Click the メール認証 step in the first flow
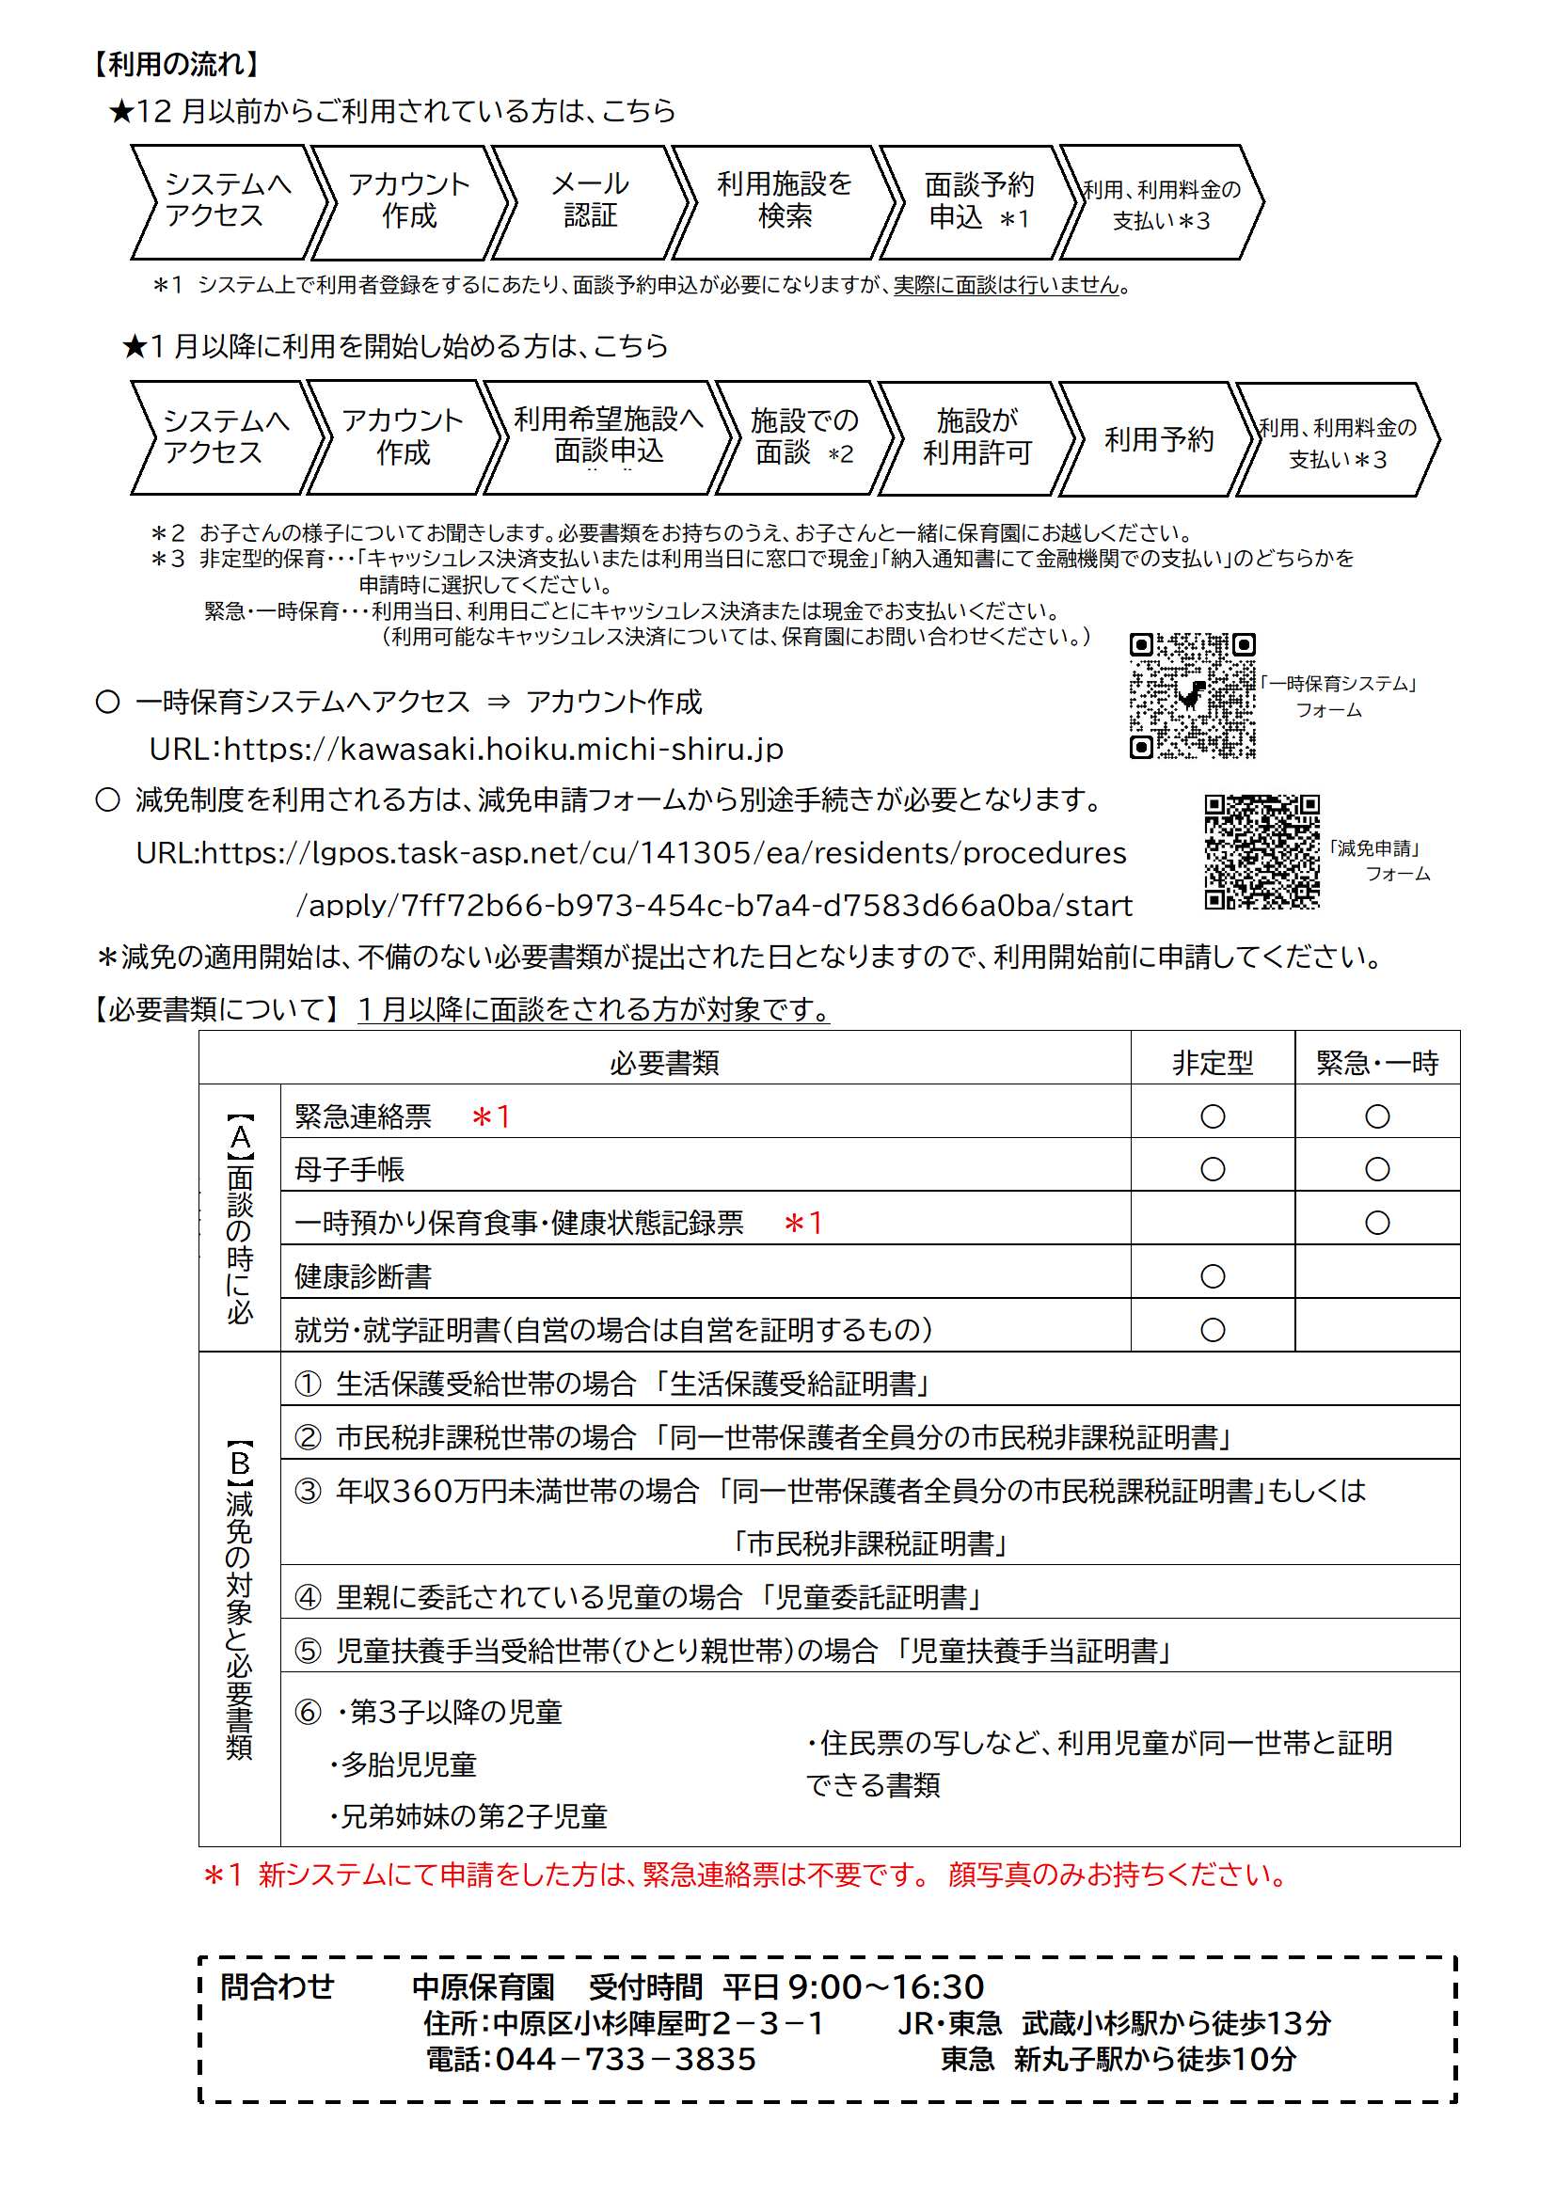pos(589,201)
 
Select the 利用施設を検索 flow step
pos(784,201)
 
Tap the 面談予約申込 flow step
pos(977,201)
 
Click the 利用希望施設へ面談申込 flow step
pos(609,436)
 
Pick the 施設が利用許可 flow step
pos(976,436)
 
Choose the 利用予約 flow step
pos(1158,438)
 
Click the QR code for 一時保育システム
pos(1192,695)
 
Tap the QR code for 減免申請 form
pos(1261,850)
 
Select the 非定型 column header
pos(1212,1062)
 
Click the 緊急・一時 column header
pos(1377,1062)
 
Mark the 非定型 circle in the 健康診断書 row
pos(1212,1275)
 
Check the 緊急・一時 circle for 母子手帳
pos(1377,1168)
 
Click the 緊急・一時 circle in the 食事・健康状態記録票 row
pos(1377,1222)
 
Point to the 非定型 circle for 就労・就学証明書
pos(1212,1329)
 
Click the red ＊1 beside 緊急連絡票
pos(491,1115)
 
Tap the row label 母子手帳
pos(350,1169)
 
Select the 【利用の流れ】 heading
pos(176,64)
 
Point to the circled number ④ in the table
pos(308,1596)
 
